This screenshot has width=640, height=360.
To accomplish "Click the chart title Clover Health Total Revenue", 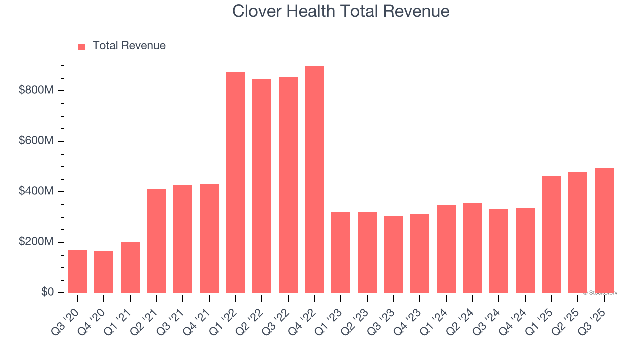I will pyautogui.click(x=341, y=11).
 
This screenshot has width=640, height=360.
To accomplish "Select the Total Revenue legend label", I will pyautogui.click(x=129, y=46).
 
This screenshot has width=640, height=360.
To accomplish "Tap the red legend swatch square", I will pyautogui.click(x=82, y=46).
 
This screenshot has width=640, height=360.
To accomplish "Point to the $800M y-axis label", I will pyautogui.click(x=36, y=90).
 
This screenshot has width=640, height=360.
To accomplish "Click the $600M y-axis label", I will pyautogui.click(x=36, y=141).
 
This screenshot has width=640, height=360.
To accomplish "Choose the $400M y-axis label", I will pyautogui.click(x=36, y=191).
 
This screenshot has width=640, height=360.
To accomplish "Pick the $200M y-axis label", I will pyautogui.click(x=36, y=242).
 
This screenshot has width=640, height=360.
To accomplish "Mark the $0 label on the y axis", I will pyautogui.click(x=47, y=292).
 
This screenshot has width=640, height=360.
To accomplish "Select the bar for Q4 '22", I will pyautogui.click(x=314, y=180).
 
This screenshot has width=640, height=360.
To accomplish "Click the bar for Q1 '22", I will pyautogui.click(x=236, y=183).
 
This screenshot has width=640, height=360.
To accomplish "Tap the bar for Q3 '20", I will pyautogui.click(x=78, y=271).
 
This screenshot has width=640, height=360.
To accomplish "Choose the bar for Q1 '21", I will pyautogui.click(x=130, y=267).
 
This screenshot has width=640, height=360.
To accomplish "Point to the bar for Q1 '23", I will pyautogui.click(x=341, y=252).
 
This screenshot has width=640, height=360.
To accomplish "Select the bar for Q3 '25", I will pyautogui.click(x=604, y=230).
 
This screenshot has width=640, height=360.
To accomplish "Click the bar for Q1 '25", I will pyautogui.click(x=551, y=234).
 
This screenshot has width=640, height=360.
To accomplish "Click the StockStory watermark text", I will pyautogui.click(x=600, y=293).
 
